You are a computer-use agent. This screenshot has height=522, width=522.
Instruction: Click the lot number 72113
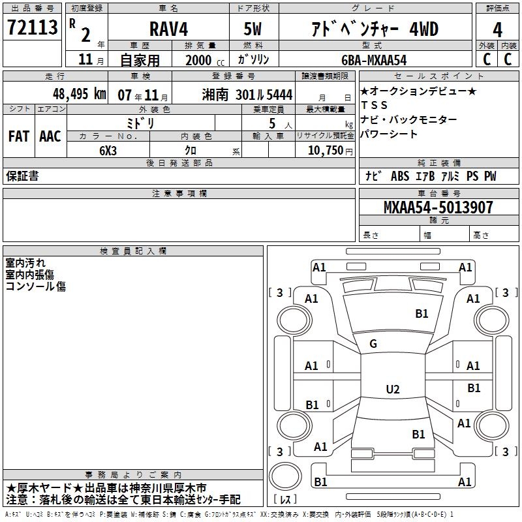coord(32,29)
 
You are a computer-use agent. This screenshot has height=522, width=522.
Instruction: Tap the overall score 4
coord(498,29)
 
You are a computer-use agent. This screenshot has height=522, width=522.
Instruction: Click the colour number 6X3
coord(108,149)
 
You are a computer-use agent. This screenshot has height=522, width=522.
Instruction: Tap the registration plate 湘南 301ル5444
coord(247,93)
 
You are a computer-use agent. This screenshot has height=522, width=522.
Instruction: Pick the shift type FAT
coord(19,136)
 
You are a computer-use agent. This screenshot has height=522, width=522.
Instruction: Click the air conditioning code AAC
coord(50,136)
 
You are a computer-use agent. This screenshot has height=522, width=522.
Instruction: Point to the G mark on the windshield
coord(373,344)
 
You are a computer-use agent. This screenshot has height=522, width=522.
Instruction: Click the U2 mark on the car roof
coord(392,390)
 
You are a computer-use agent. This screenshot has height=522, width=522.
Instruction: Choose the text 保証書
coord(22,176)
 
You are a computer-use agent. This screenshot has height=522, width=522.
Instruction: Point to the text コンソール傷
coord(36,286)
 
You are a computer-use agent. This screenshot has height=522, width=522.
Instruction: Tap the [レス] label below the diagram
coord(286,500)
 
